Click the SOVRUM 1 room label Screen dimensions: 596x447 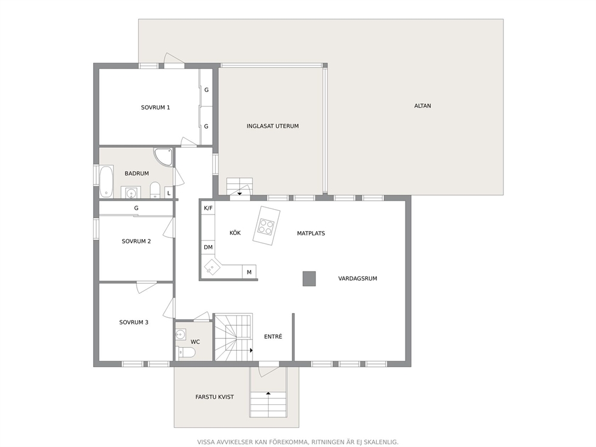coord(156,108)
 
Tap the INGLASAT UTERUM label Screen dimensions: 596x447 coord(273,126)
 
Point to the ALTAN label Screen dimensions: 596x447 coord(423,106)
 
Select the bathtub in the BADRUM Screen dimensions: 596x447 coord(106,181)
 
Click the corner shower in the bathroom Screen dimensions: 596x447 coord(164,156)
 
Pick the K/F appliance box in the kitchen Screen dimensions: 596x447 coord(208,208)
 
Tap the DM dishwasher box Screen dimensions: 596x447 coord(208,247)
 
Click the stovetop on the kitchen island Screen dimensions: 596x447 coord(266,226)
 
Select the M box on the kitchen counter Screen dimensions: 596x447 coord(249,272)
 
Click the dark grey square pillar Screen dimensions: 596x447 coord(309,279)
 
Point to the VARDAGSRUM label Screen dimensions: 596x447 coord(357,279)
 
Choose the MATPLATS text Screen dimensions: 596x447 coord(311,233)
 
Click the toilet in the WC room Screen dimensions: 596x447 coord(187,352)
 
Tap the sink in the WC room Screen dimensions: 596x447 coord(181,335)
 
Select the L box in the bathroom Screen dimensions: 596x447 coord(169,193)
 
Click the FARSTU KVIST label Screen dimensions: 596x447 coord(214,397)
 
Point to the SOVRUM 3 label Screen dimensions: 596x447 coord(134,322)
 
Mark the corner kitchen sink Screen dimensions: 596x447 coord(211,267)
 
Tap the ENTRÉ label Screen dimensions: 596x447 coord(273,336)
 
